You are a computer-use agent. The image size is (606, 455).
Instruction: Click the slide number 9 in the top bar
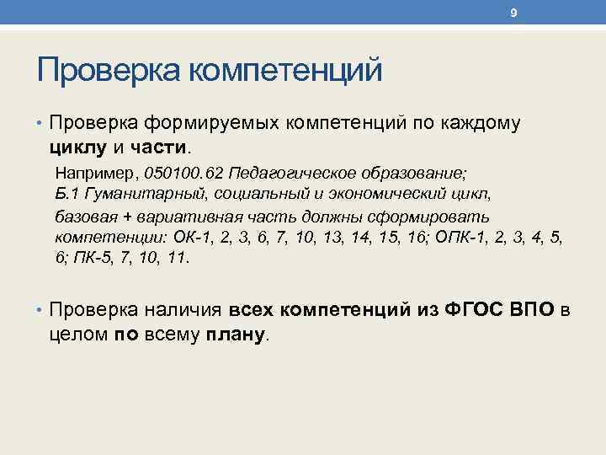(513, 13)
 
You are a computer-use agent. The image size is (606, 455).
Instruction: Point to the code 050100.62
(184, 173)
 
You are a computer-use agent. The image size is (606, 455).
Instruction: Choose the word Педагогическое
(292, 173)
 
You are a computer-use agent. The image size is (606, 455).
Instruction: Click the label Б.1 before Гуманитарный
(68, 194)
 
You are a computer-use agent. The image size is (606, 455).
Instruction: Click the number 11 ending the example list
(178, 257)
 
